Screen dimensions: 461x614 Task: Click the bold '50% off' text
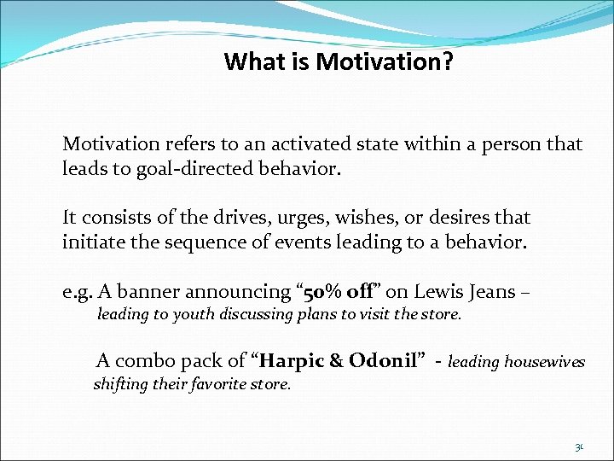[335, 292]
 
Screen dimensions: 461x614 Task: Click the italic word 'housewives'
[545, 362]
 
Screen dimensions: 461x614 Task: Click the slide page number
[579, 446]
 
